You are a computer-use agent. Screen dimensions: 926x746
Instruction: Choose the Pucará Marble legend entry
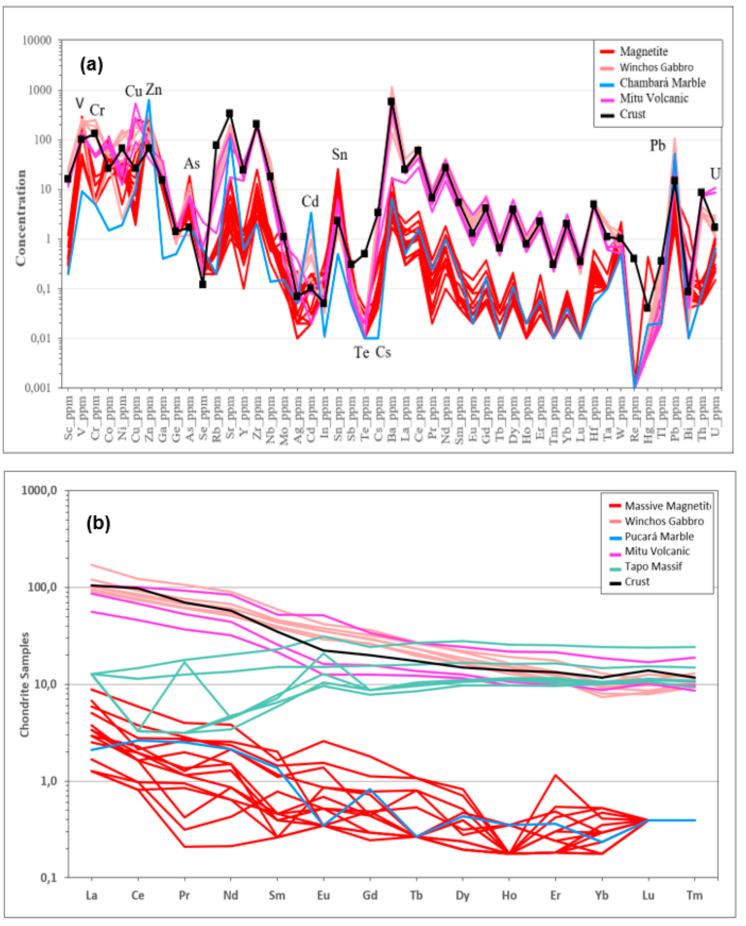[659, 536]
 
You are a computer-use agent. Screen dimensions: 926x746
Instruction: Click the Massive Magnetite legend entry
[667, 506]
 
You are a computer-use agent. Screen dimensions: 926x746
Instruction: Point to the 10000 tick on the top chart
[37, 41]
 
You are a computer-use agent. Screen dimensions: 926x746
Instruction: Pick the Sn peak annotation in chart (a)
[339, 154]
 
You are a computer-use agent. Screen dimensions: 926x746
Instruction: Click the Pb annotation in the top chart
[657, 146]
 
